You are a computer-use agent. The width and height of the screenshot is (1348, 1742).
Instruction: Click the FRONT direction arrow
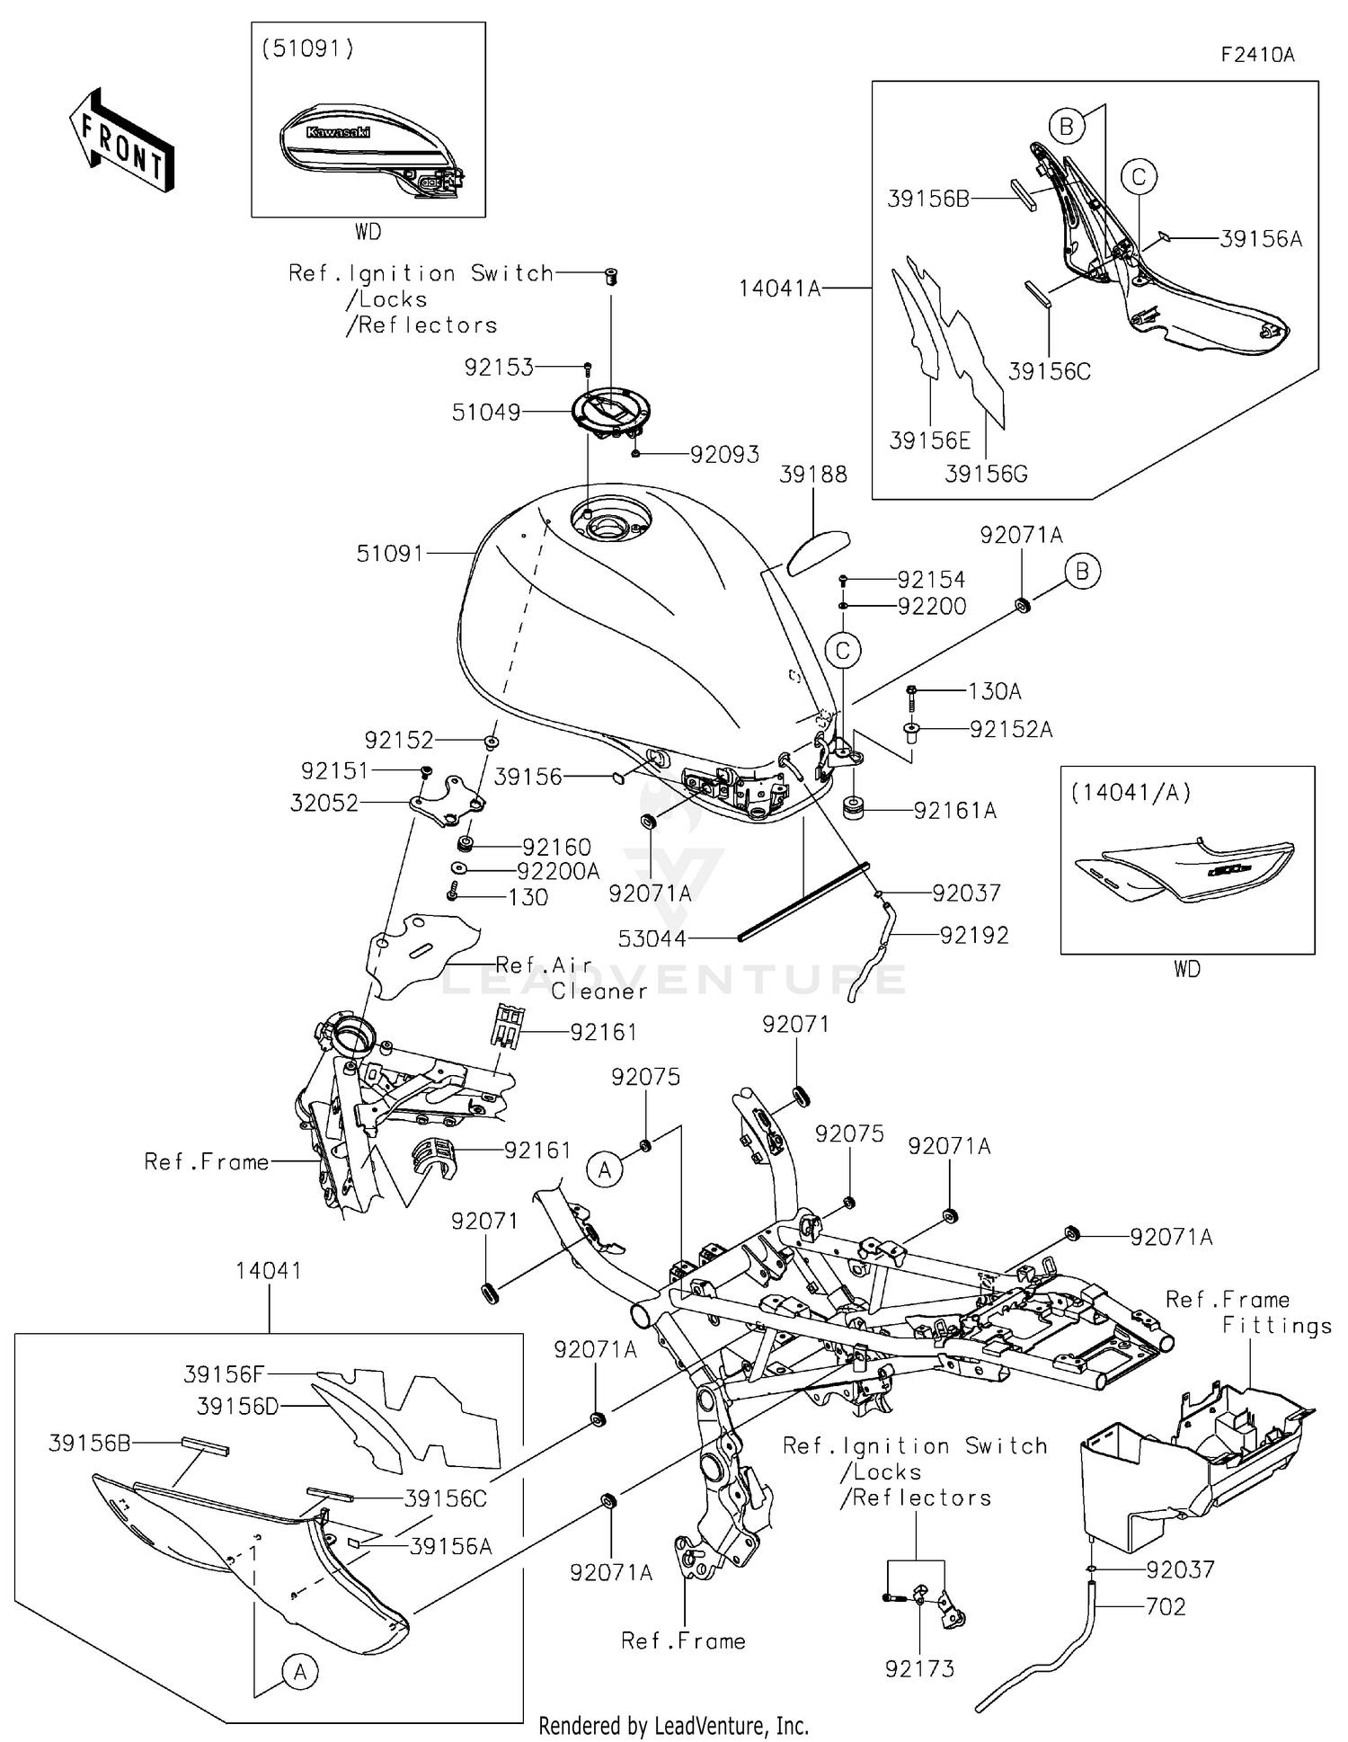click(x=122, y=141)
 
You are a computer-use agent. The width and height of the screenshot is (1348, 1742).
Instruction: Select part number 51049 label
click(x=486, y=413)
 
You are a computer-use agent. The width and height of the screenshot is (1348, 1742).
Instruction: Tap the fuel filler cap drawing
click(x=611, y=412)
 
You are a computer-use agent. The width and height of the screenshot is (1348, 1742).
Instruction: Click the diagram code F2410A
click(x=1257, y=55)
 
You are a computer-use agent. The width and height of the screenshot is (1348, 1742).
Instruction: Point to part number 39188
click(x=812, y=475)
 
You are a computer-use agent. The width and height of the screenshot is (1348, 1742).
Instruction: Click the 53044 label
click(x=652, y=939)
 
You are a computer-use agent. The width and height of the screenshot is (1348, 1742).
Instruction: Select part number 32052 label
click(x=324, y=804)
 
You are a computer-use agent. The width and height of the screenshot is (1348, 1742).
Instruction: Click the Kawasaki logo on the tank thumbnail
click(x=338, y=132)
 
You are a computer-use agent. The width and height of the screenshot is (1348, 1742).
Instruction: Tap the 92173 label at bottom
click(x=919, y=1669)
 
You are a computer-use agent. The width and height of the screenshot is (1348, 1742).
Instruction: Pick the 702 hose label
click(x=1166, y=1606)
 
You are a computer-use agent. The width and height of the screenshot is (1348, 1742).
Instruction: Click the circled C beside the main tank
click(x=843, y=650)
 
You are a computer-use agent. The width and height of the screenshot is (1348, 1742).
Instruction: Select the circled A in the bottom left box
click(x=300, y=1672)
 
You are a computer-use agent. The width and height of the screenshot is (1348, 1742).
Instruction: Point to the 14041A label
click(x=780, y=289)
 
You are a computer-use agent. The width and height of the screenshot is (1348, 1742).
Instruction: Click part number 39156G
click(x=986, y=474)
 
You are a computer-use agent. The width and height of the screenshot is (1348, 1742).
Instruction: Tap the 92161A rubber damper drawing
click(x=853, y=808)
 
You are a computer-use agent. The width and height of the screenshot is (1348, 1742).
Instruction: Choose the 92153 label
click(x=499, y=368)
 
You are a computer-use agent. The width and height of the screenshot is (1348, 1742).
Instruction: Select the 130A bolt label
click(x=995, y=691)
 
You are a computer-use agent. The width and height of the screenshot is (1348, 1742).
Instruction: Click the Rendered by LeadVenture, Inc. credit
click(x=673, y=1726)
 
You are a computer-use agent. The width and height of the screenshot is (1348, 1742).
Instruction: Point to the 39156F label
click(x=224, y=1374)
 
